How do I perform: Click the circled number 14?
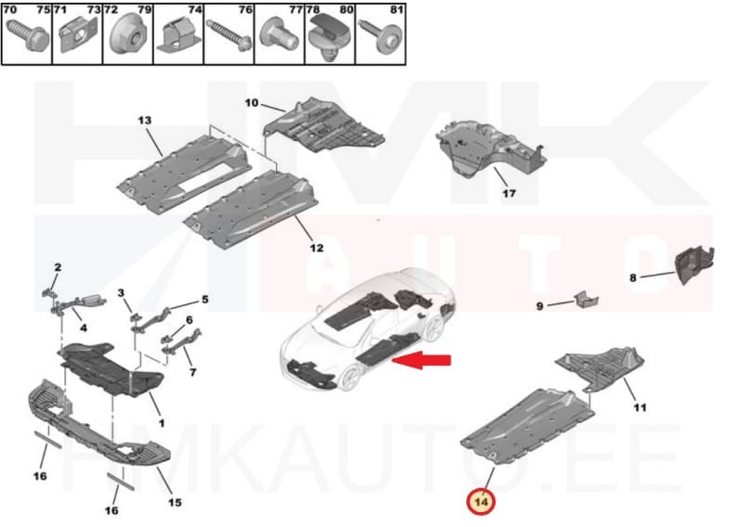tap(482, 502)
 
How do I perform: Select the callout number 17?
tap(508, 194)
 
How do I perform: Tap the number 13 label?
tap(144, 122)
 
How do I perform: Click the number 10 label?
tap(251, 102)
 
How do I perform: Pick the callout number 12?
tap(317, 248)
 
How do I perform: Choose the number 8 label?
tap(633, 276)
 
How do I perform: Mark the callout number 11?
tap(640, 407)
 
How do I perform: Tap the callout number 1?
tap(158, 423)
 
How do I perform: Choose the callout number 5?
tap(204, 300)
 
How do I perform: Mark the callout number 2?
tap(57, 268)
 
